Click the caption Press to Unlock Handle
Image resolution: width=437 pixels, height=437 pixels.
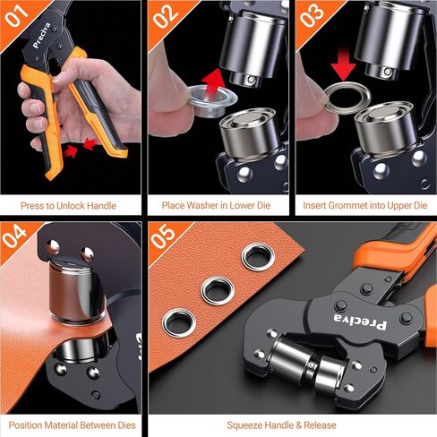72,205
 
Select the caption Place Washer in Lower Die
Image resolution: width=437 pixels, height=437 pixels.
218,205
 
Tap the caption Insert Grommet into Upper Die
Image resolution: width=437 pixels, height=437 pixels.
364,205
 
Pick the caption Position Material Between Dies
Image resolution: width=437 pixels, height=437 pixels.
72,424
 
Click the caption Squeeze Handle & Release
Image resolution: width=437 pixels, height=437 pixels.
291,424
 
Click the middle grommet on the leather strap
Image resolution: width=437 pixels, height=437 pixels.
217,289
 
